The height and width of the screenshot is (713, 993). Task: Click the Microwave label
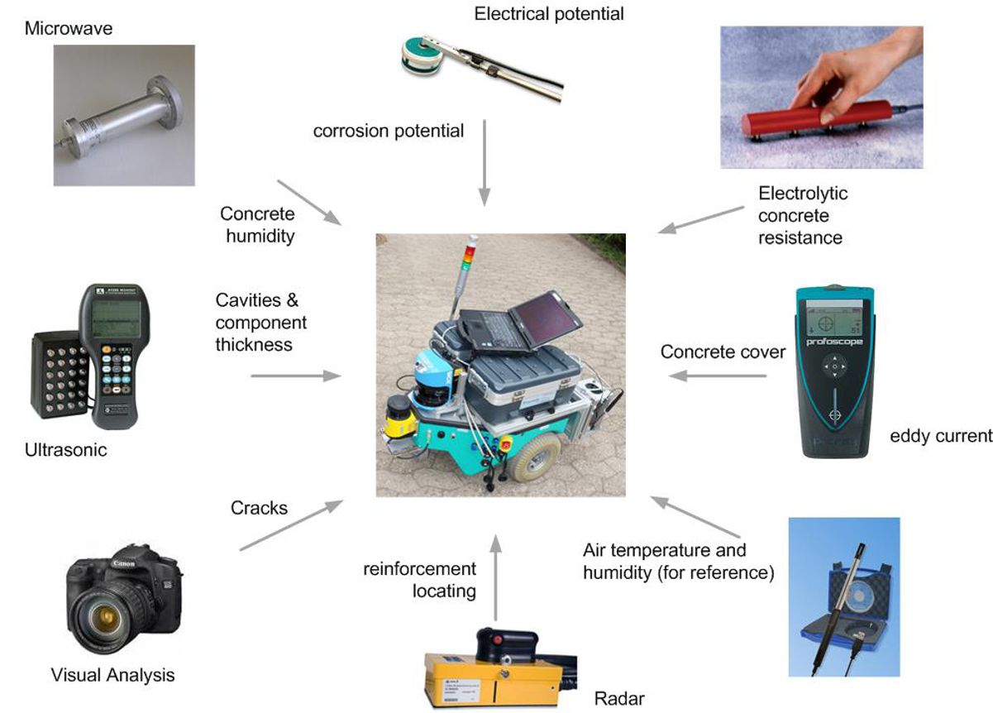click(x=68, y=29)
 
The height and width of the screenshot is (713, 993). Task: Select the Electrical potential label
click(x=549, y=14)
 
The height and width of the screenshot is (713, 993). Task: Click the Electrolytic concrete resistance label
click(x=802, y=216)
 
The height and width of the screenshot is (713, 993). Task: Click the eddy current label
click(x=940, y=435)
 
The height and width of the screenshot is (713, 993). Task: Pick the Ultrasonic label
click(x=65, y=451)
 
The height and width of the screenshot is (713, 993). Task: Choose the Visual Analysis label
click(x=112, y=675)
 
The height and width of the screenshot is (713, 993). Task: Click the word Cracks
click(x=259, y=508)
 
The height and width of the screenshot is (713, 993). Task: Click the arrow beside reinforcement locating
click(x=495, y=579)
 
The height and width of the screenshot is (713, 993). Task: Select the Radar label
click(x=619, y=699)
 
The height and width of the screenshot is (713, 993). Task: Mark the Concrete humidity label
click(x=257, y=225)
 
